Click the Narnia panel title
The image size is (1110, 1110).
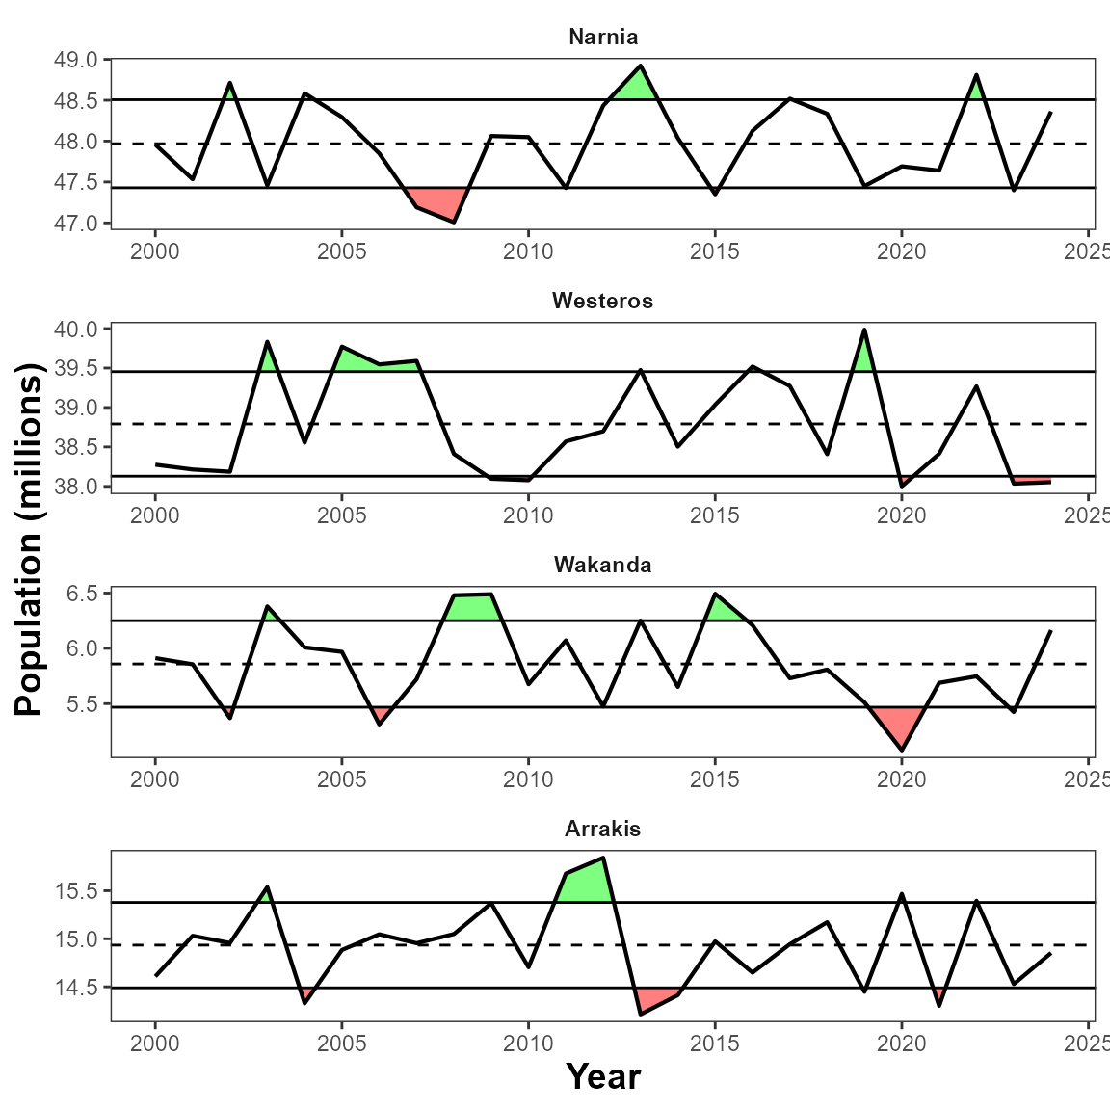tap(603, 38)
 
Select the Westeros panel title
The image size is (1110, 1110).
tap(603, 302)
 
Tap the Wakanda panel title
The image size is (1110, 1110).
tap(603, 566)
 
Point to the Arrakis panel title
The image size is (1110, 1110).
tap(603, 830)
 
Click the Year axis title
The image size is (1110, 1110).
tap(603, 1077)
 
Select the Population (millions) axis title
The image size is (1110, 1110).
tap(30, 540)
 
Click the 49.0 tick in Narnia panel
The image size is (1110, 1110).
tap(78, 60)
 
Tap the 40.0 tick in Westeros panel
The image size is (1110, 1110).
tap(78, 330)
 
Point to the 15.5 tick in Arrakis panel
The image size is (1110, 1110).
tap(78, 892)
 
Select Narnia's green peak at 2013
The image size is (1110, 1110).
tap(638, 85)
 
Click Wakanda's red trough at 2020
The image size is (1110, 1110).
tap(900, 726)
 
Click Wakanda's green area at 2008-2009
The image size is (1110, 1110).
tap(471, 607)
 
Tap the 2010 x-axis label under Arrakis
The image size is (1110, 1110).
tap(528, 1044)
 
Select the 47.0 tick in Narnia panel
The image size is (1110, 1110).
tap(78, 224)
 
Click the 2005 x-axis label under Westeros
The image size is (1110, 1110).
tap(341, 515)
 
